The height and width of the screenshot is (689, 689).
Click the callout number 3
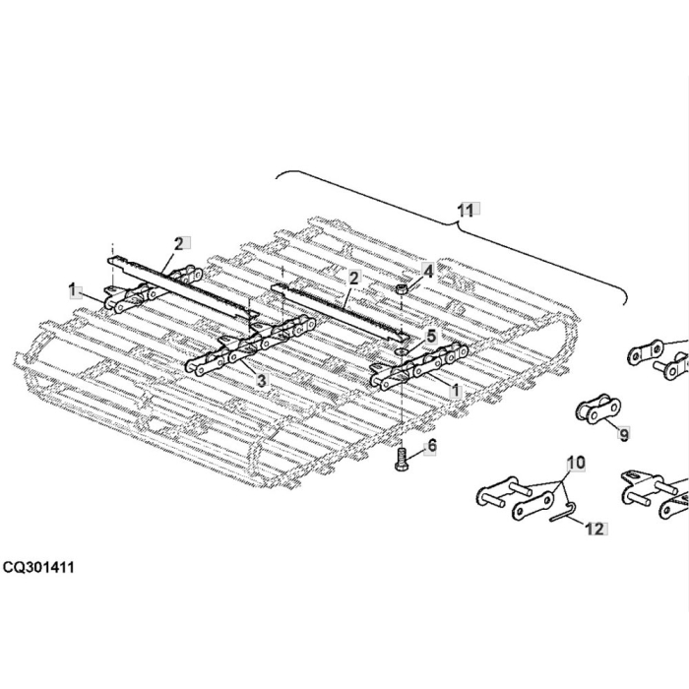[x=261, y=379]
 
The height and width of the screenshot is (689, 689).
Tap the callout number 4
[x=427, y=269]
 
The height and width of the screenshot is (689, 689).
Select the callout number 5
[x=430, y=335]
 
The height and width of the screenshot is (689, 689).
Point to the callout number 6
[x=430, y=447]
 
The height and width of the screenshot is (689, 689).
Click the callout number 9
[x=622, y=432]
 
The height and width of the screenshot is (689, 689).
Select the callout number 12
[x=594, y=529]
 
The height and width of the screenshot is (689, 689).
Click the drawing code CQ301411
[x=38, y=568]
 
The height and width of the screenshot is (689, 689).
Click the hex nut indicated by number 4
[x=403, y=290]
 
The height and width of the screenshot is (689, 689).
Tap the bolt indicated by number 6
[x=401, y=459]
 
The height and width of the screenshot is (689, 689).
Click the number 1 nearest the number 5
[x=455, y=390]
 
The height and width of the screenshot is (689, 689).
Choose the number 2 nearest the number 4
[x=353, y=279]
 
